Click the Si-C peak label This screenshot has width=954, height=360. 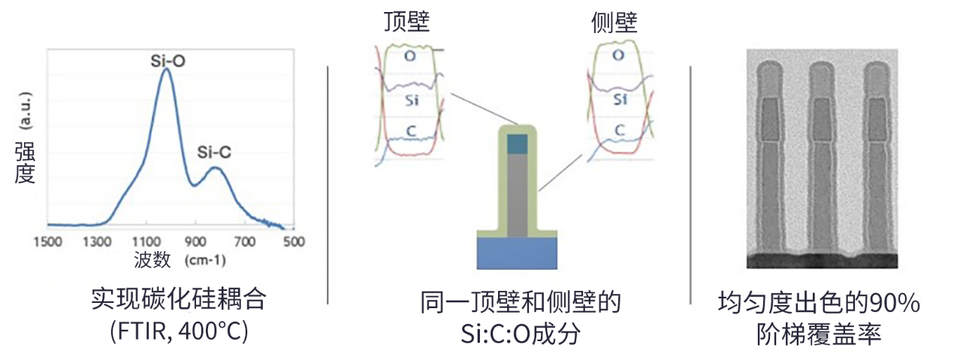click(x=214, y=153)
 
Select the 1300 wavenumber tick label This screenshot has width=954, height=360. click(x=96, y=241)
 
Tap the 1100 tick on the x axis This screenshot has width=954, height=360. click(x=146, y=241)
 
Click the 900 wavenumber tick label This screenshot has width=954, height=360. click(x=195, y=241)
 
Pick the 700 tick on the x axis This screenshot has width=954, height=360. click(x=244, y=241)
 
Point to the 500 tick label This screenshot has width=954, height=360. click(x=293, y=241)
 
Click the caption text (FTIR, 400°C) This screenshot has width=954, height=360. click(x=179, y=331)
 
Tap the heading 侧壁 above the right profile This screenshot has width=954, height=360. click(x=614, y=23)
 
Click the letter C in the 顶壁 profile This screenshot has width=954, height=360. click(x=410, y=132)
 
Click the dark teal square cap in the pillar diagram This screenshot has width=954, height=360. click(x=518, y=144)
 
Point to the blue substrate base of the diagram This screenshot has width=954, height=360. click(x=517, y=256)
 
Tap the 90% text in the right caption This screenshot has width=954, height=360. click(x=895, y=303)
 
